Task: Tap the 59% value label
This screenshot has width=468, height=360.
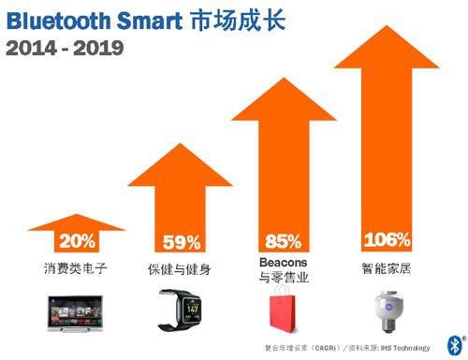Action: [182, 243]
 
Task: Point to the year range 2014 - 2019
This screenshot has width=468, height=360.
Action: [64, 47]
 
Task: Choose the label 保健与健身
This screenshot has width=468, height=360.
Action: [182, 269]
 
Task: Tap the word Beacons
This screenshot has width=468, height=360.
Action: [282, 263]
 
